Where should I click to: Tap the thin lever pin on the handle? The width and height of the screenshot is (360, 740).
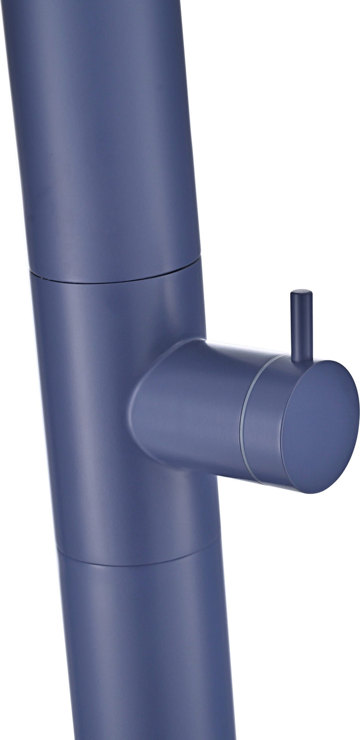(301, 324)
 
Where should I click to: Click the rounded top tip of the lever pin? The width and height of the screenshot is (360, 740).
(301, 293)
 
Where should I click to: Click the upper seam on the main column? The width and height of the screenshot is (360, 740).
(113, 280)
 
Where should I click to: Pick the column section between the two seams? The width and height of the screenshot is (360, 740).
(93, 412)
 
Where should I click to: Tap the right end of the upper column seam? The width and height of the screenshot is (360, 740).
(199, 260)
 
